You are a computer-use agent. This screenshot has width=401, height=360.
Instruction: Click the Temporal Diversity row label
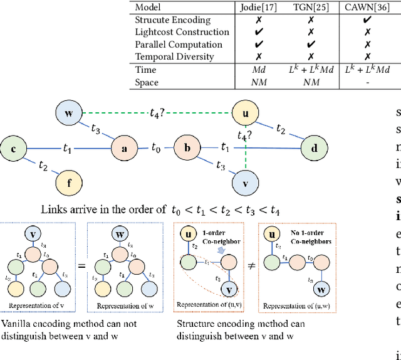[174, 56]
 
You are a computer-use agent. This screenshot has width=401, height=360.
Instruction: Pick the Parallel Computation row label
[179, 45]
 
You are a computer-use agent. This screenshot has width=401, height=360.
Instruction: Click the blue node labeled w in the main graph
[68, 114]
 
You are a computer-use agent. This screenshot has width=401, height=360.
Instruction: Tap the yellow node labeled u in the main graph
[245, 114]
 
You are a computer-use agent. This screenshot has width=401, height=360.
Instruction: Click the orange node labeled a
[124, 149]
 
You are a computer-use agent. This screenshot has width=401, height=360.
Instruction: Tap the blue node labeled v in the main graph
[245, 183]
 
